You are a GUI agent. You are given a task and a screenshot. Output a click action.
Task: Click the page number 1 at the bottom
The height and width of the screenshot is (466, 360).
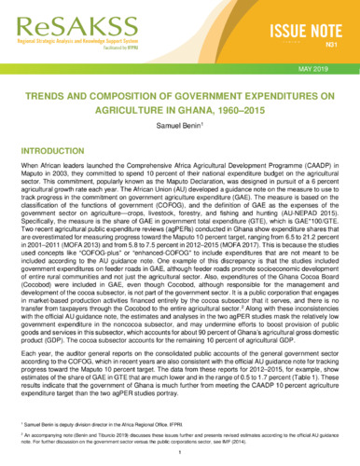pyautogui.click(x=180, y=456)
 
